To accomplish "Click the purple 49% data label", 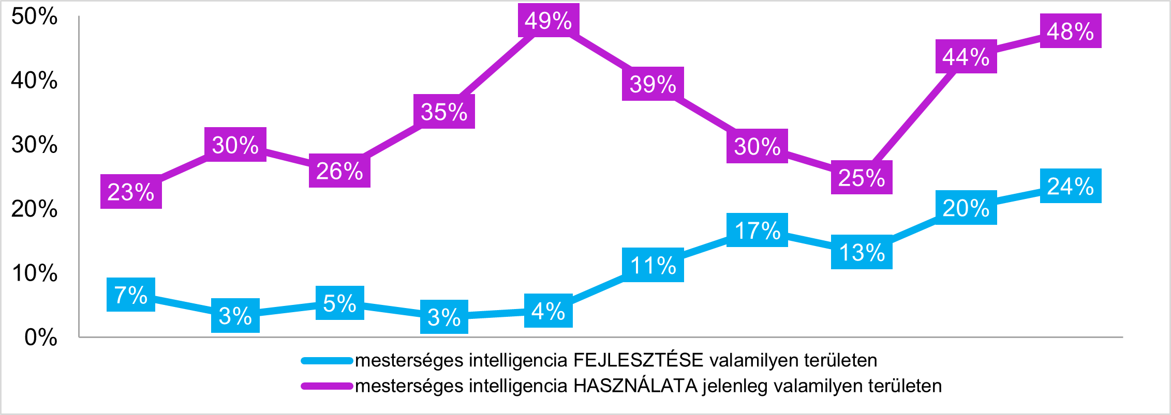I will pos(548,21).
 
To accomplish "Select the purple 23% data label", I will pos(131,192).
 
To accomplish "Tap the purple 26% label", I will pos(339,171).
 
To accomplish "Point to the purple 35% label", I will pos(444,112).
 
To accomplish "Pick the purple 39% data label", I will pos(653,84).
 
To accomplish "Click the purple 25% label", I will pos(862,177).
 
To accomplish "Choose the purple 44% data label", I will pos(966,56).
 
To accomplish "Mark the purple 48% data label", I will pos(1070,31).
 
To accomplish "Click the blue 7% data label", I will pos(131,295).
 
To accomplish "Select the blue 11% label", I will pos(653,265).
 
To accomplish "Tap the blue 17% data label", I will pos(757,230).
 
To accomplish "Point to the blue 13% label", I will pos(862,252).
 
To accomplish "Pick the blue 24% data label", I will pos(1070,186).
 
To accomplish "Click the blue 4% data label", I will pos(548,311).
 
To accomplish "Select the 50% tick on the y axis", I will pos(34,17).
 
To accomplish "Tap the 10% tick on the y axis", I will pos(34,273).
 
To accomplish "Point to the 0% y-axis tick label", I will pos(40,337).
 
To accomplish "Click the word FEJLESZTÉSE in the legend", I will pos(639,360).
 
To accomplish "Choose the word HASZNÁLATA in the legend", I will pos(636,386).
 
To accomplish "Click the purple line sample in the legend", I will pos(327,386).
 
